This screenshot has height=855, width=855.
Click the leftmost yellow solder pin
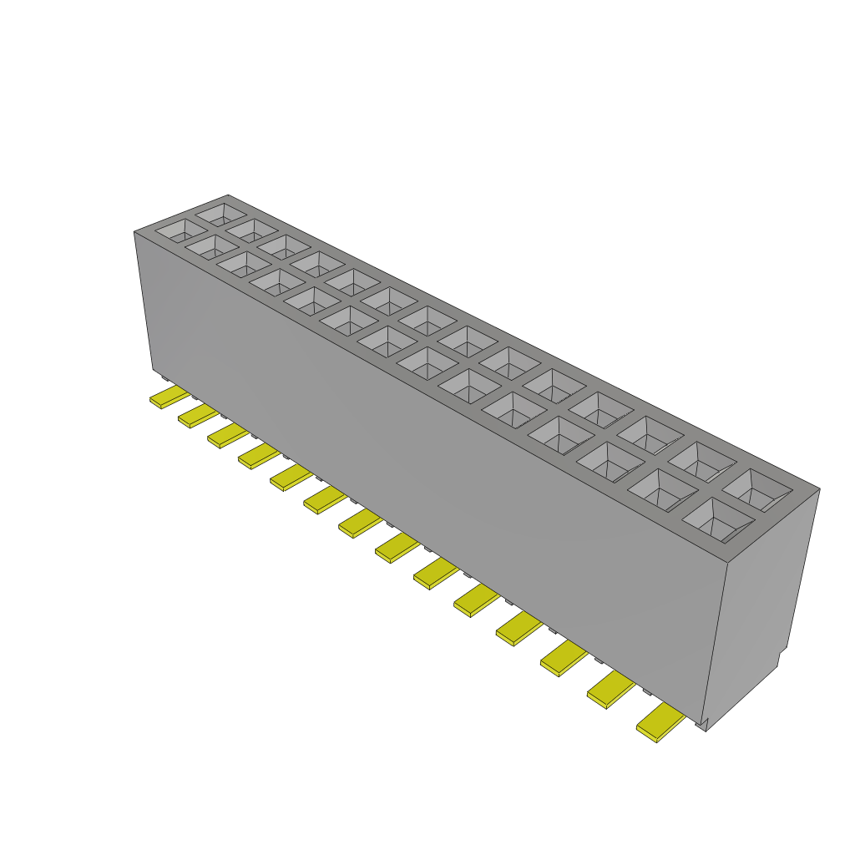click(x=169, y=397)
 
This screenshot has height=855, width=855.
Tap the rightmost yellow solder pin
click(x=660, y=723)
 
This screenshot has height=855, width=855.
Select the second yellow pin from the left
click(x=198, y=415)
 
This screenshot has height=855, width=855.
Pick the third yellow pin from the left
click(x=227, y=435)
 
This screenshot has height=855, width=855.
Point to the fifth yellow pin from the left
click(x=291, y=478)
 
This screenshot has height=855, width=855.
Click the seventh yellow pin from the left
click(x=360, y=524)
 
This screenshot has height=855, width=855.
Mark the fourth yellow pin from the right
click(x=519, y=628)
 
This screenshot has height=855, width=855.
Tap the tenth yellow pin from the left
click(x=476, y=600)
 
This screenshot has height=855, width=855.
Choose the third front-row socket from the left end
click(x=244, y=265)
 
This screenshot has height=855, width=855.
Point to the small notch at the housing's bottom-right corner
click(x=706, y=723)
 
